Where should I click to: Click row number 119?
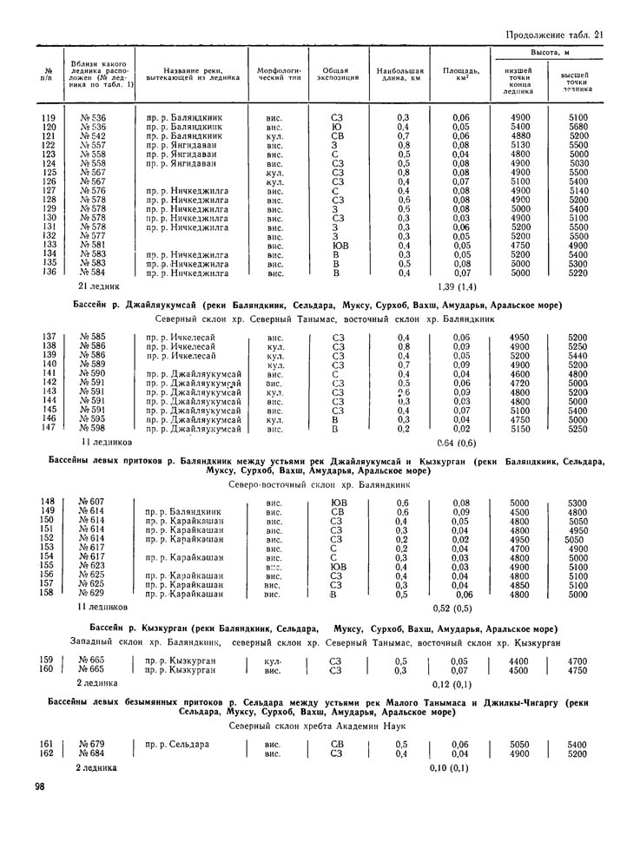49,117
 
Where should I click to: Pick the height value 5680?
577,127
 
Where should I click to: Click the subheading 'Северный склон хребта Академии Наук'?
320,724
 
